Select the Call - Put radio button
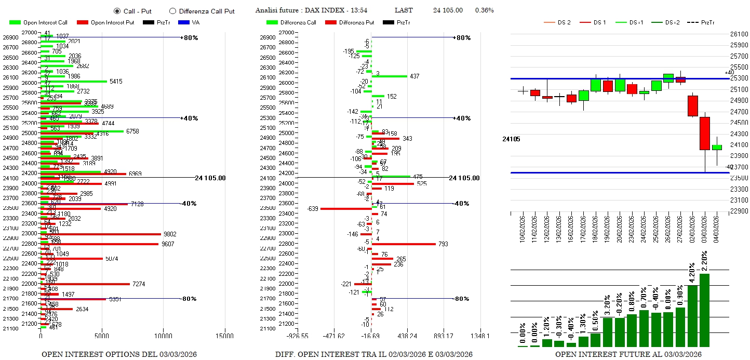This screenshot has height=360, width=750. click(117, 11)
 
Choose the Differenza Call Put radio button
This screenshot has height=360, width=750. click(173, 11)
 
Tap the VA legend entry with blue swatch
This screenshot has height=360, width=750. click(190, 22)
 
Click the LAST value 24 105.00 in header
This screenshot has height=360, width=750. click(448, 10)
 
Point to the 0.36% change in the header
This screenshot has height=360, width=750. click(484, 10)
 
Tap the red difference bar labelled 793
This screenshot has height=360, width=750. click(404, 244)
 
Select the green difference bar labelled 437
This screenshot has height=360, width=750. click(390, 76)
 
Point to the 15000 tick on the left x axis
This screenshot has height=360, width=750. click(225, 336)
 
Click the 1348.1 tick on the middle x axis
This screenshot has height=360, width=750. click(480, 336)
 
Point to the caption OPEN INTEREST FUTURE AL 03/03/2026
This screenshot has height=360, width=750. click(628, 354)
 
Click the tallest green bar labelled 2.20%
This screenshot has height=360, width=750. click(704, 310)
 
